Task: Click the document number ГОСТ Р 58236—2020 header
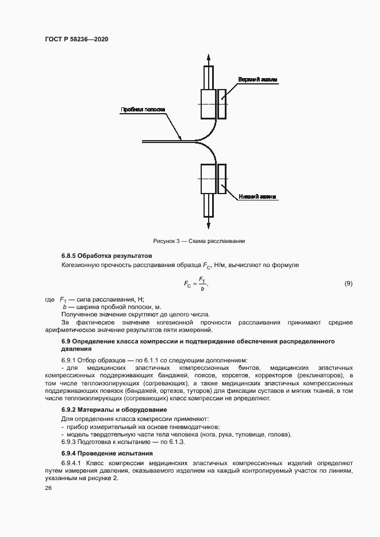point(76,39)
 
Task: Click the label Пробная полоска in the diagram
point(143,109)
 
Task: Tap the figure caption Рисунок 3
point(199,241)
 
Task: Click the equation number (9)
point(348,283)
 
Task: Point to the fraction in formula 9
point(202,284)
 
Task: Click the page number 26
point(48,488)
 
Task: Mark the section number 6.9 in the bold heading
point(66,342)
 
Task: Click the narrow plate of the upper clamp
point(222,103)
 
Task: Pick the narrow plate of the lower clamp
point(222,179)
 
